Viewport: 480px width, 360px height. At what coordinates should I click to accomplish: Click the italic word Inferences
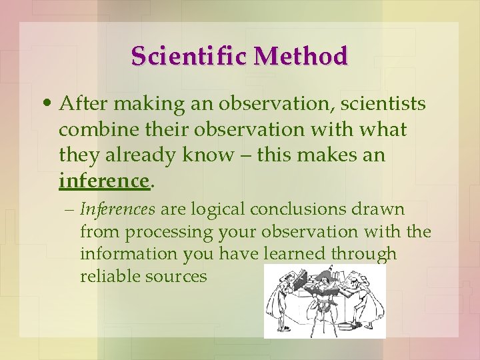117,209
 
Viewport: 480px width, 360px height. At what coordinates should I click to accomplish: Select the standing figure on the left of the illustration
279,300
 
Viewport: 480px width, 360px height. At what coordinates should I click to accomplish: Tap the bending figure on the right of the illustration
365,297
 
